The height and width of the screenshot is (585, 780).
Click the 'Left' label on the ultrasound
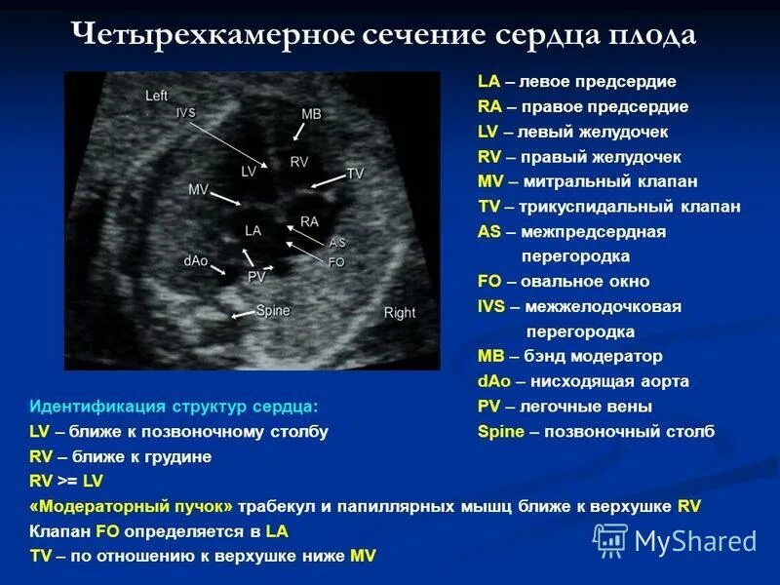pyautogui.click(x=156, y=96)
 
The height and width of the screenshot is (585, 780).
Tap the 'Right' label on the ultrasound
pyautogui.click(x=399, y=313)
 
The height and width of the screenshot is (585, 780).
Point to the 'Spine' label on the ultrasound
pyautogui.click(x=272, y=310)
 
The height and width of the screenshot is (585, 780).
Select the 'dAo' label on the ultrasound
pyautogui.click(x=194, y=260)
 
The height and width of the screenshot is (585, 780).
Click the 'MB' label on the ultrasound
pyautogui.click(x=311, y=114)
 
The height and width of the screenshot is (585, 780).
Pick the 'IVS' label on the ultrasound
pyautogui.click(x=185, y=113)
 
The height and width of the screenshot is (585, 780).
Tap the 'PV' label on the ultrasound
pyautogui.click(x=256, y=277)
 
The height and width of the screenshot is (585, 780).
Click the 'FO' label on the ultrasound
pyautogui.click(x=336, y=262)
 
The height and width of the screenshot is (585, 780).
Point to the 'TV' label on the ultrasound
pyautogui.click(x=355, y=174)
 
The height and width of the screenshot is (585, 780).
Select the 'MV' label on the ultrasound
pyautogui.click(x=198, y=189)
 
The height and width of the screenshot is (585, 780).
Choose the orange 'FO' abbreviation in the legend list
pyautogui.click(x=489, y=282)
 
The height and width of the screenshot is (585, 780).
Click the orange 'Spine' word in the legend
pyautogui.click(x=501, y=432)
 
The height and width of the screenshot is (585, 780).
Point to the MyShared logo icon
pyautogui.click(x=610, y=539)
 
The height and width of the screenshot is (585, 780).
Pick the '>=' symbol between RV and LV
pyautogui.click(x=67, y=482)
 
